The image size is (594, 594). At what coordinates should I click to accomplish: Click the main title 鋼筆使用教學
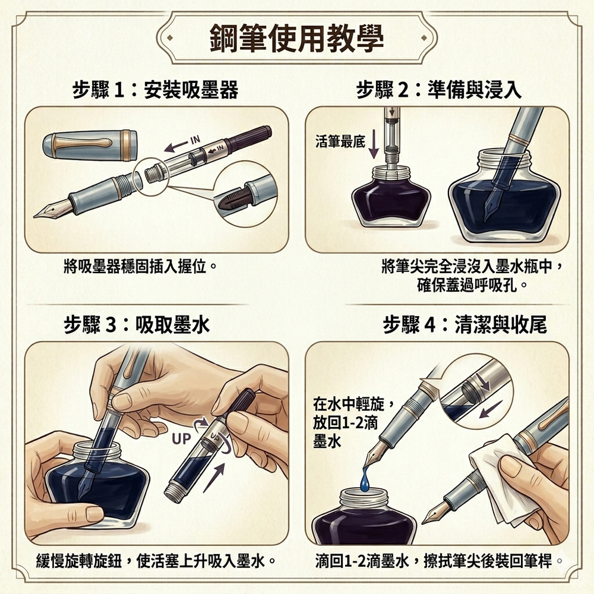tap(296, 38)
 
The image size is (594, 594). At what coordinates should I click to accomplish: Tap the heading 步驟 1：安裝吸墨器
tap(155, 90)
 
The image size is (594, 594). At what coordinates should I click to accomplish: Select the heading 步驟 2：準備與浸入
tap(439, 90)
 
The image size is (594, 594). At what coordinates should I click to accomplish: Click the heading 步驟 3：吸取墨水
tap(137, 325)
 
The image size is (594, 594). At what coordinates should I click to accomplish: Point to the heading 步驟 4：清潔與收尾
tap(465, 325)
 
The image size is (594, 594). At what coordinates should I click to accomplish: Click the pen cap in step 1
tap(90, 145)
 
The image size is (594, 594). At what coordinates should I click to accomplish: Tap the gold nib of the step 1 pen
tap(52, 208)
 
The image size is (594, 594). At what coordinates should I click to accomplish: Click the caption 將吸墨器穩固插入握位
tap(140, 267)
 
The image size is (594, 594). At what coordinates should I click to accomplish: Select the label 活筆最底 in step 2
tap(340, 142)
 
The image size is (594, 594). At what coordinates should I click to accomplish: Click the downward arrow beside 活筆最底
tap(374, 144)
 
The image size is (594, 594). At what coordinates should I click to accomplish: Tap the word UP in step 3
tap(181, 439)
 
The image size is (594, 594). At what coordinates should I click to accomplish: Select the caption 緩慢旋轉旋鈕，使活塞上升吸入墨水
tap(155, 561)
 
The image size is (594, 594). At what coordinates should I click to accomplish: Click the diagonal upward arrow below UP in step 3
tap(214, 478)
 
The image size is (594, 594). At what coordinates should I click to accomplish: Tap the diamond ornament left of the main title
tap(170, 37)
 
